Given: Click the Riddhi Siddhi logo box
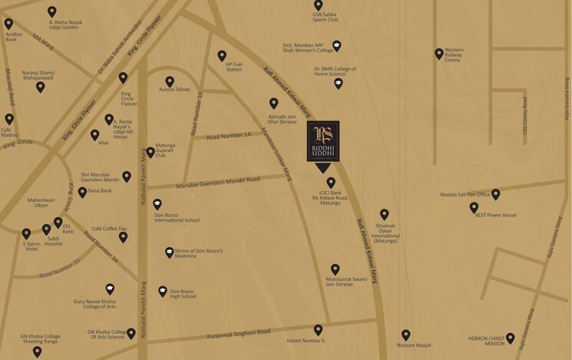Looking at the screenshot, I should click(323, 142).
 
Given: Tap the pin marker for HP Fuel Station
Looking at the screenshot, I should click(222, 55).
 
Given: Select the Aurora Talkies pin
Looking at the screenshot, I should click(170, 81).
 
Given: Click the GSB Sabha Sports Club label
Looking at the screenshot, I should click(325, 19).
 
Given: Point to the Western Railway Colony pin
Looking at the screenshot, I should click(439, 53).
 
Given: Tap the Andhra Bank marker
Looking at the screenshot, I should click(9, 24).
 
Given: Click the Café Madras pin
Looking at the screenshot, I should click(9, 119).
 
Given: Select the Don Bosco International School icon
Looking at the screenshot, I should click(157, 204).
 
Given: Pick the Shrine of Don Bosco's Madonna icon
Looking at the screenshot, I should click(170, 253).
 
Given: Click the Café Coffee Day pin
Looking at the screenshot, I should click(123, 236).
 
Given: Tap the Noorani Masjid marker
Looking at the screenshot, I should click(406, 335).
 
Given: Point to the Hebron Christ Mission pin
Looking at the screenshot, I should click(510, 338).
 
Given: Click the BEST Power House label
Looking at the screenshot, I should click(495, 215).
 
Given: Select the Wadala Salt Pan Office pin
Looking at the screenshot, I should click(496, 194).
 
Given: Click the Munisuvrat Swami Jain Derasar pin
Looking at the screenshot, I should click(335, 269).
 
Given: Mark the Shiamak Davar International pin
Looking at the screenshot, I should click(385, 214).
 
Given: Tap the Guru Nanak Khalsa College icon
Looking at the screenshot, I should click(111, 289).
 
